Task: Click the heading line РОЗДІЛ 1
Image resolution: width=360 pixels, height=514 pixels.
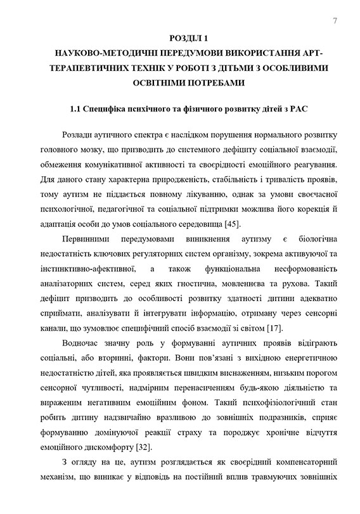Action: coord(180,39)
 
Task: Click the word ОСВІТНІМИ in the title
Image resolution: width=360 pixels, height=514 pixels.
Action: coord(153,82)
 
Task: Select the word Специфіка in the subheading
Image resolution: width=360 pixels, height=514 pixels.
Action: coord(118,110)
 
